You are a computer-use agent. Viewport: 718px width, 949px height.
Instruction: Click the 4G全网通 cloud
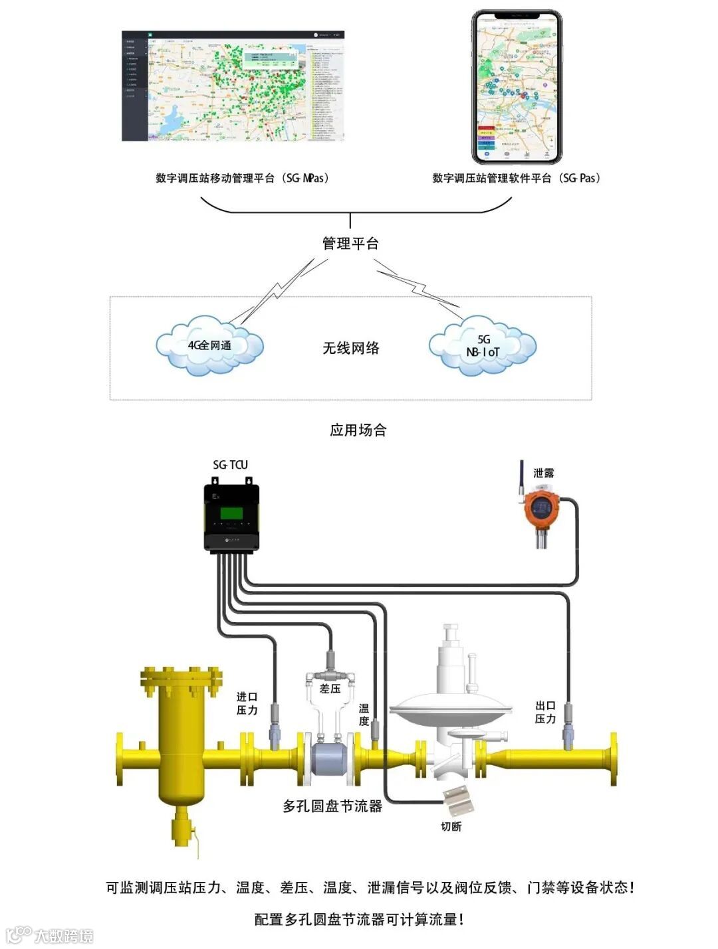pos(210,347)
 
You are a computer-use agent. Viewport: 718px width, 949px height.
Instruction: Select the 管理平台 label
pos(350,244)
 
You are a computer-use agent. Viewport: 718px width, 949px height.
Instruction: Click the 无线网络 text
pos(351,348)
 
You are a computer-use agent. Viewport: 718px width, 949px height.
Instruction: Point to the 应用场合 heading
pos(358,430)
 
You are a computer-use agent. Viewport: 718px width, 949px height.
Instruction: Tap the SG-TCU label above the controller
pos(230,465)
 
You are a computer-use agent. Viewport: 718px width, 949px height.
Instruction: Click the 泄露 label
pos(543,474)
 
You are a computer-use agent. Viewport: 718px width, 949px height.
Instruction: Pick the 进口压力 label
pos(247,703)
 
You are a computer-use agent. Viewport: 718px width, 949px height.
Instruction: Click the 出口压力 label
pos(545,712)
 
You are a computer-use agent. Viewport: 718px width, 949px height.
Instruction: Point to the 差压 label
pos(330,689)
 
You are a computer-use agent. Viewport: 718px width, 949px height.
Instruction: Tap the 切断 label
pos(451,826)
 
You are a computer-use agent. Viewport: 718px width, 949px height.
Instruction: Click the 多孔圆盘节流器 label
pos(332,806)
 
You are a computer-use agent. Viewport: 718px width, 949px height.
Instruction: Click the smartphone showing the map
pos(517,88)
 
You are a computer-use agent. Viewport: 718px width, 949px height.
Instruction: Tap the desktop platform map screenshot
pos(233,86)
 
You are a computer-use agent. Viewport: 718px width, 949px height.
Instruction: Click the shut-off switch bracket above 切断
pos(458,798)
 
